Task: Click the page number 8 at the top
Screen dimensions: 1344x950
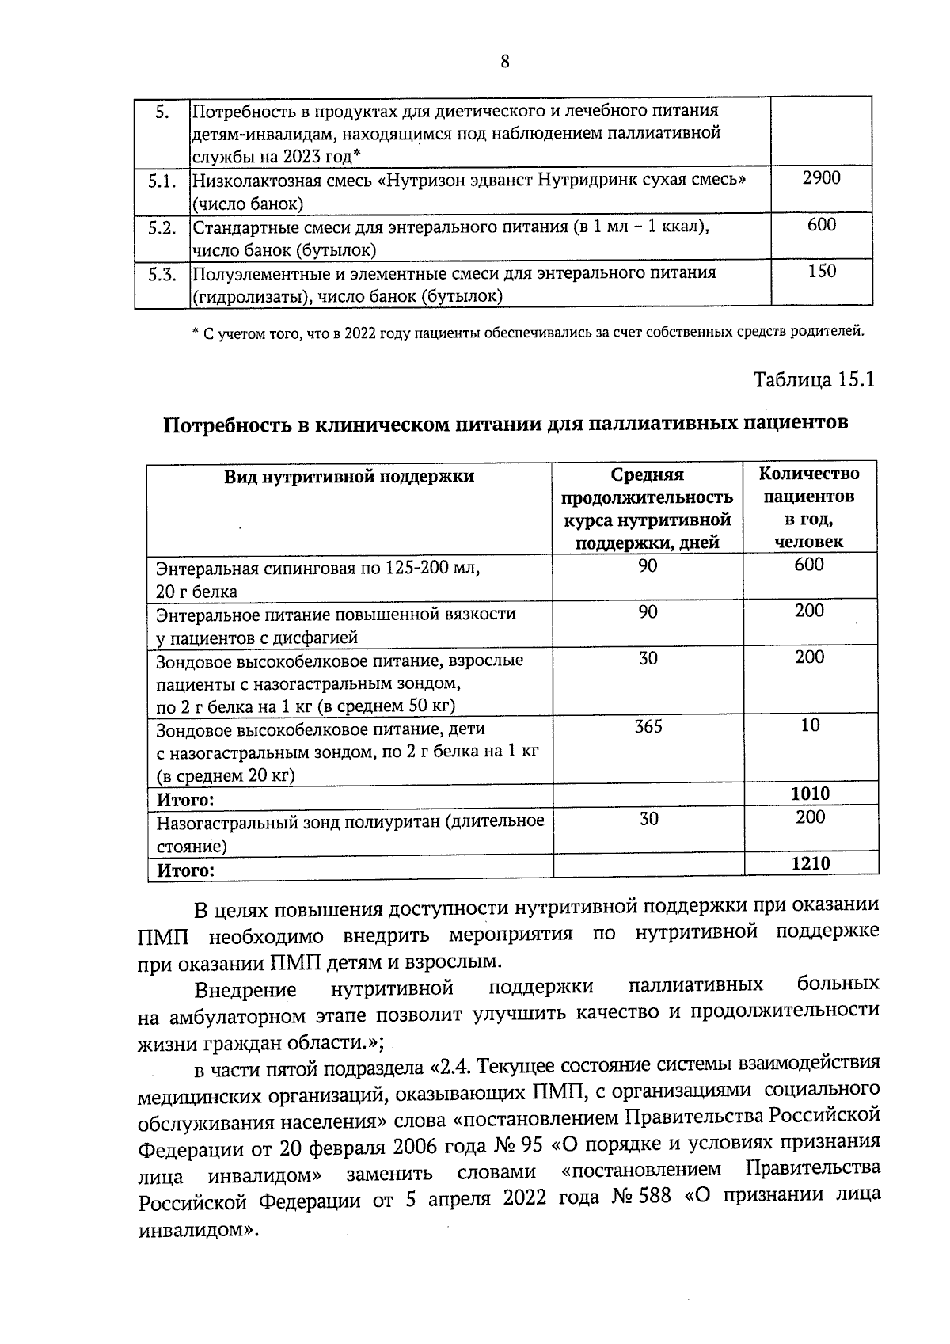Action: [x=504, y=63]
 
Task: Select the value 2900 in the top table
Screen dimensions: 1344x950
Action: [x=821, y=178]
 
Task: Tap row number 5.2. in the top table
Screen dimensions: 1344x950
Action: [x=161, y=228]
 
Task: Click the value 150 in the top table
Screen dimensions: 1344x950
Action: [x=821, y=271]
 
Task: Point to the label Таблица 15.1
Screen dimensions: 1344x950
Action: [x=813, y=379]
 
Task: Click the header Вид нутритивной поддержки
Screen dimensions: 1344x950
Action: [x=349, y=476]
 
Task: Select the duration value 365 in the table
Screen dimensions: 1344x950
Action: [x=648, y=726]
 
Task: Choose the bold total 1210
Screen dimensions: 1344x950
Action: [x=811, y=863]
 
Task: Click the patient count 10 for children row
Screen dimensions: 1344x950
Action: [x=810, y=725]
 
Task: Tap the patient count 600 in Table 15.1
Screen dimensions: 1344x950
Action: [x=810, y=565]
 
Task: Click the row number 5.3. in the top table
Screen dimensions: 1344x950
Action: [x=161, y=275]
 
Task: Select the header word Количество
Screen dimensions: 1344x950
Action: [x=808, y=474]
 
